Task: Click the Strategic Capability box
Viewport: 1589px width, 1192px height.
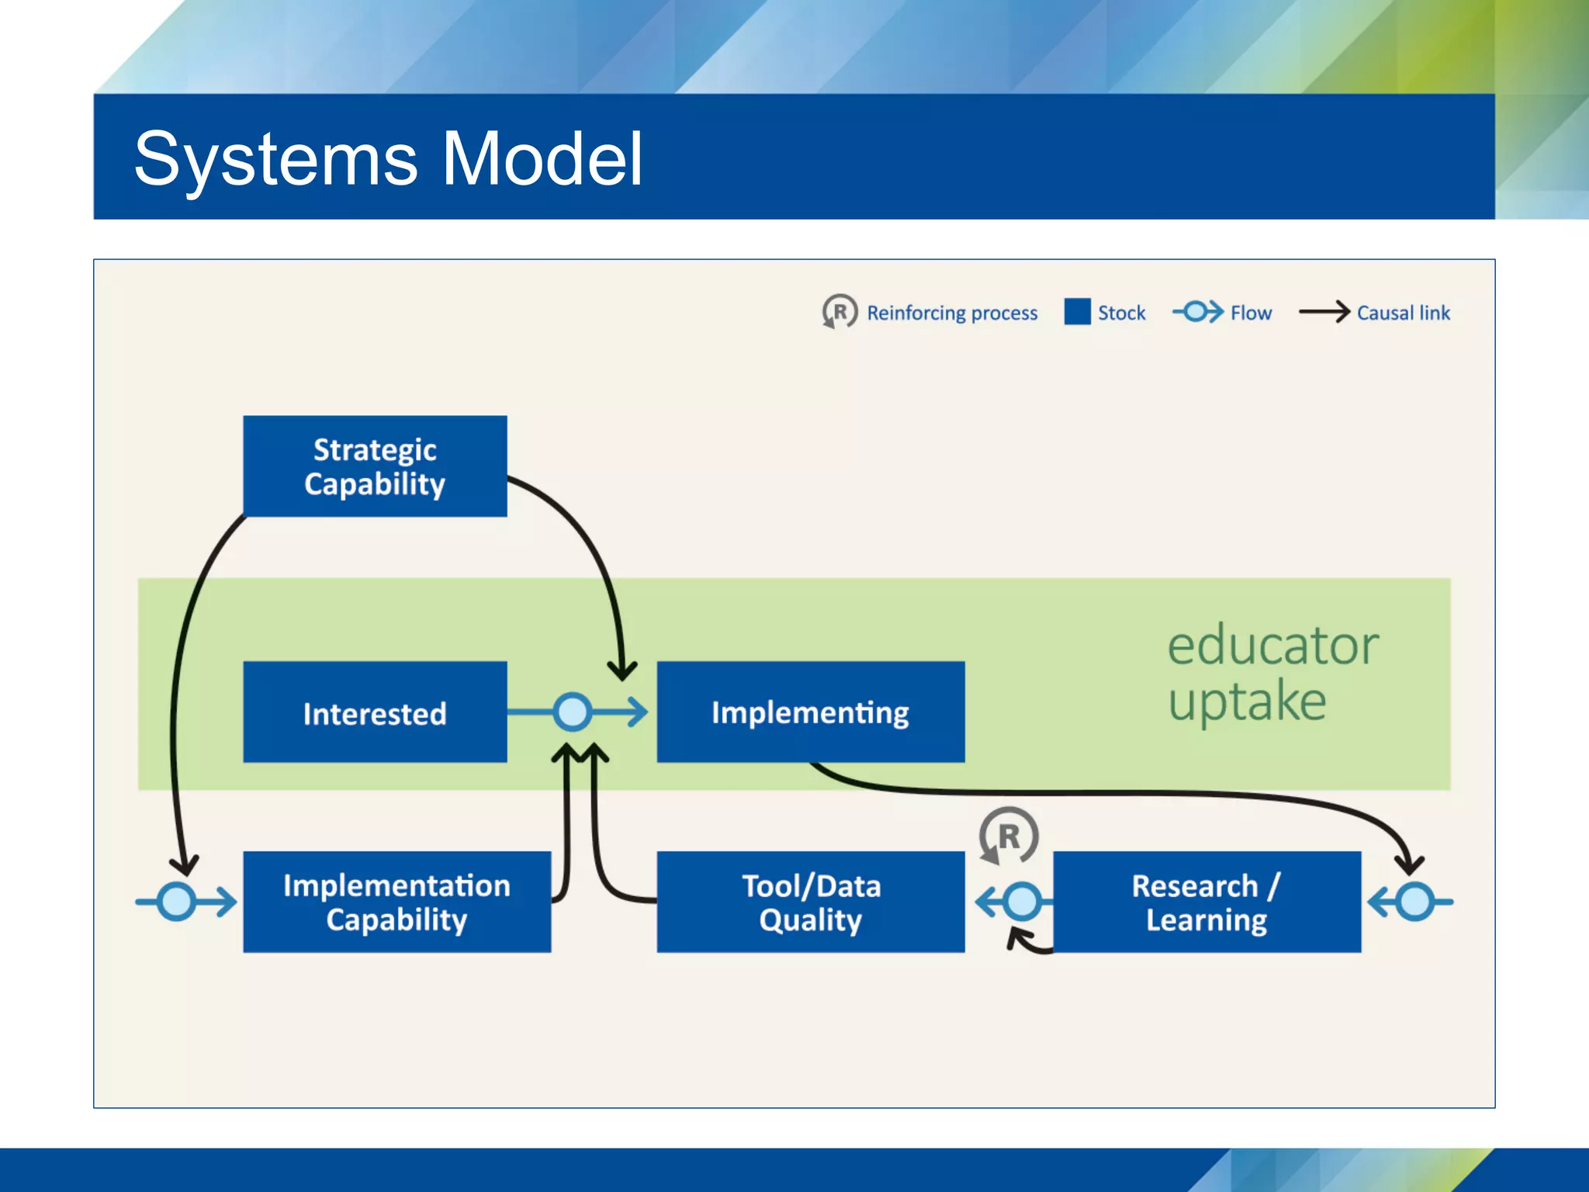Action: (375, 466)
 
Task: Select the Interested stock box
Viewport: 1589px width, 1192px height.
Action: (375, 712)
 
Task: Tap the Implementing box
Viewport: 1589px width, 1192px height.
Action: (810, 712)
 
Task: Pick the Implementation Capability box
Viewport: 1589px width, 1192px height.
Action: (396, 902)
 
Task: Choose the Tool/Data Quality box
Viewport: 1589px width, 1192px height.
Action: (810, 902)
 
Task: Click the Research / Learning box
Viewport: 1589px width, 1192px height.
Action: (1206, 902)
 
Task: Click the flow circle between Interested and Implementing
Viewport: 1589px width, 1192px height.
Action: (573, 712)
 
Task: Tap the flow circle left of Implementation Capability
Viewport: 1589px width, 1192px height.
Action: (177, 902)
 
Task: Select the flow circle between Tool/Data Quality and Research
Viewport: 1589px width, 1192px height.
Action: (1022, 902)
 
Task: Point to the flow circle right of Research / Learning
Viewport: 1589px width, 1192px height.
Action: (1415, 902)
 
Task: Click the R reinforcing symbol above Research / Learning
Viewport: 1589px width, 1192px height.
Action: (1008, 837)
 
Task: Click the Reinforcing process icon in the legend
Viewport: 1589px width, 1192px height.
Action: (840, 312)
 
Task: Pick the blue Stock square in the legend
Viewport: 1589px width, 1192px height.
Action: (1077, 312)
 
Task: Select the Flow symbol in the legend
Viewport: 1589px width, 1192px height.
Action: (1197, 312)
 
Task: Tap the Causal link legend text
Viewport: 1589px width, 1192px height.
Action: (1403, 313)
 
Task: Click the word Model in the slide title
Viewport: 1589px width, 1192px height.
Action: (542, 159)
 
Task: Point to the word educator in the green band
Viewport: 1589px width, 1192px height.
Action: (1272, 646)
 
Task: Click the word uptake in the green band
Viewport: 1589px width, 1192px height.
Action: (1247, 702)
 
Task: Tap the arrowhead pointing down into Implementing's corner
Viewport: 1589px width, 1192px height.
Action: (622, 671)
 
